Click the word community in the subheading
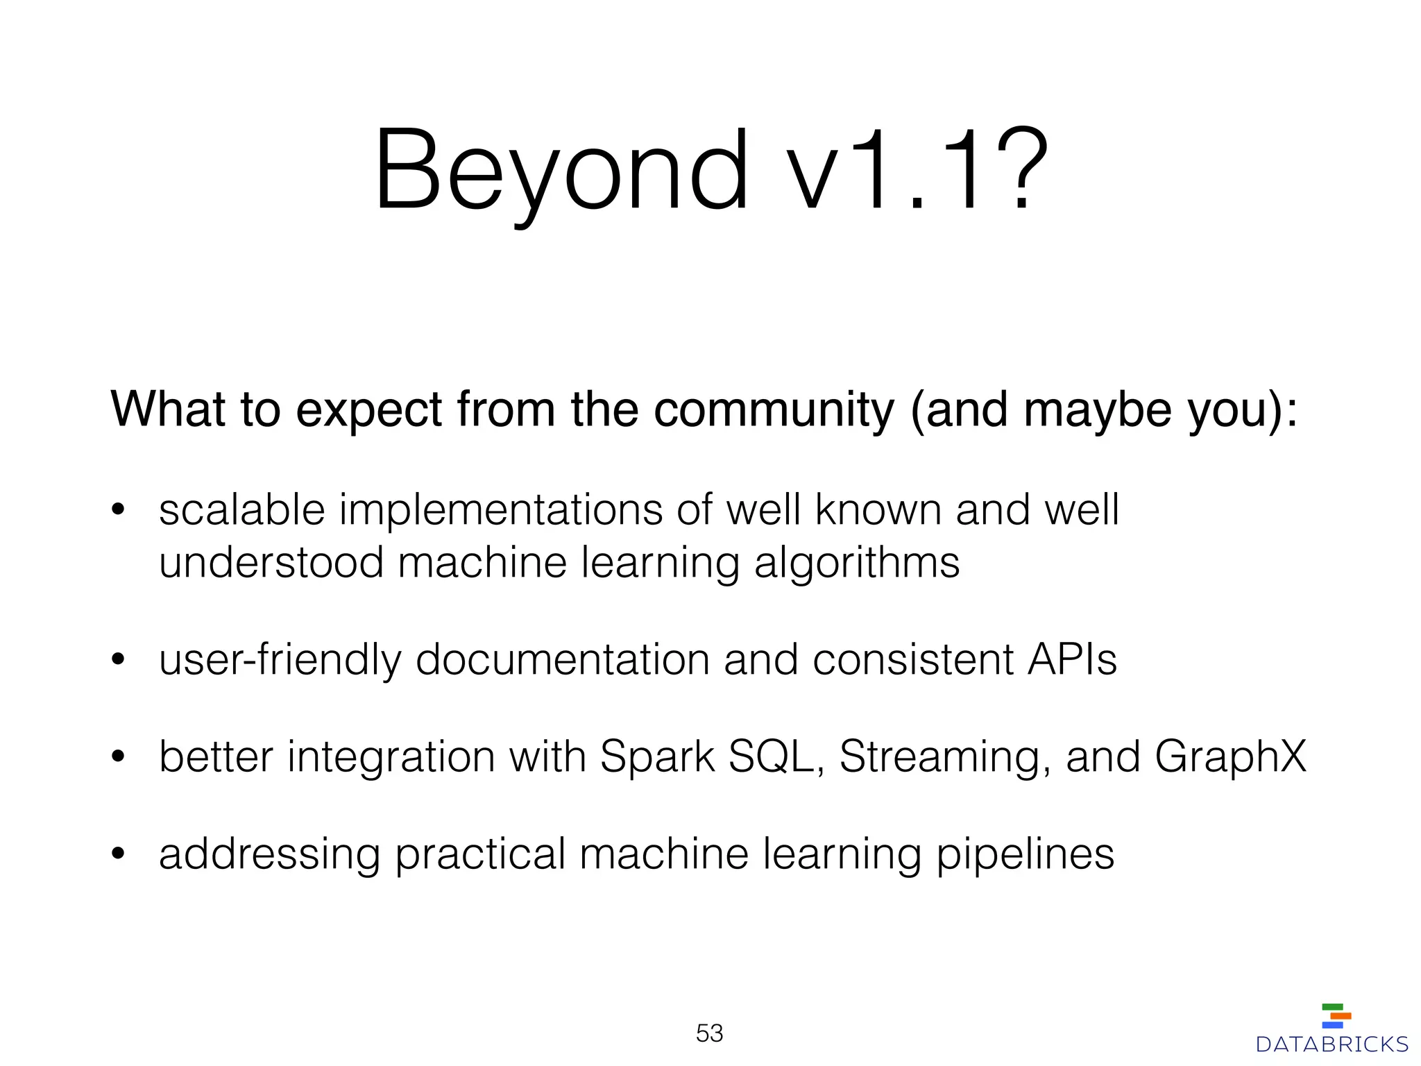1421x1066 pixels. [x=774, y=409]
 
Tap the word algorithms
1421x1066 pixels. [x=857, y=563]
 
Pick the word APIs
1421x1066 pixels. [x=1072, y=659]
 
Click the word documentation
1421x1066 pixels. [x=562, y=659]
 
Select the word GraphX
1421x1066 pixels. [x=1230, y=757]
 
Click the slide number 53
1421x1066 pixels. [x=709, y=1033]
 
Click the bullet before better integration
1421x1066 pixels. [x=118, y=757]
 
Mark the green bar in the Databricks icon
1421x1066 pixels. [x=1332, y=1007]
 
